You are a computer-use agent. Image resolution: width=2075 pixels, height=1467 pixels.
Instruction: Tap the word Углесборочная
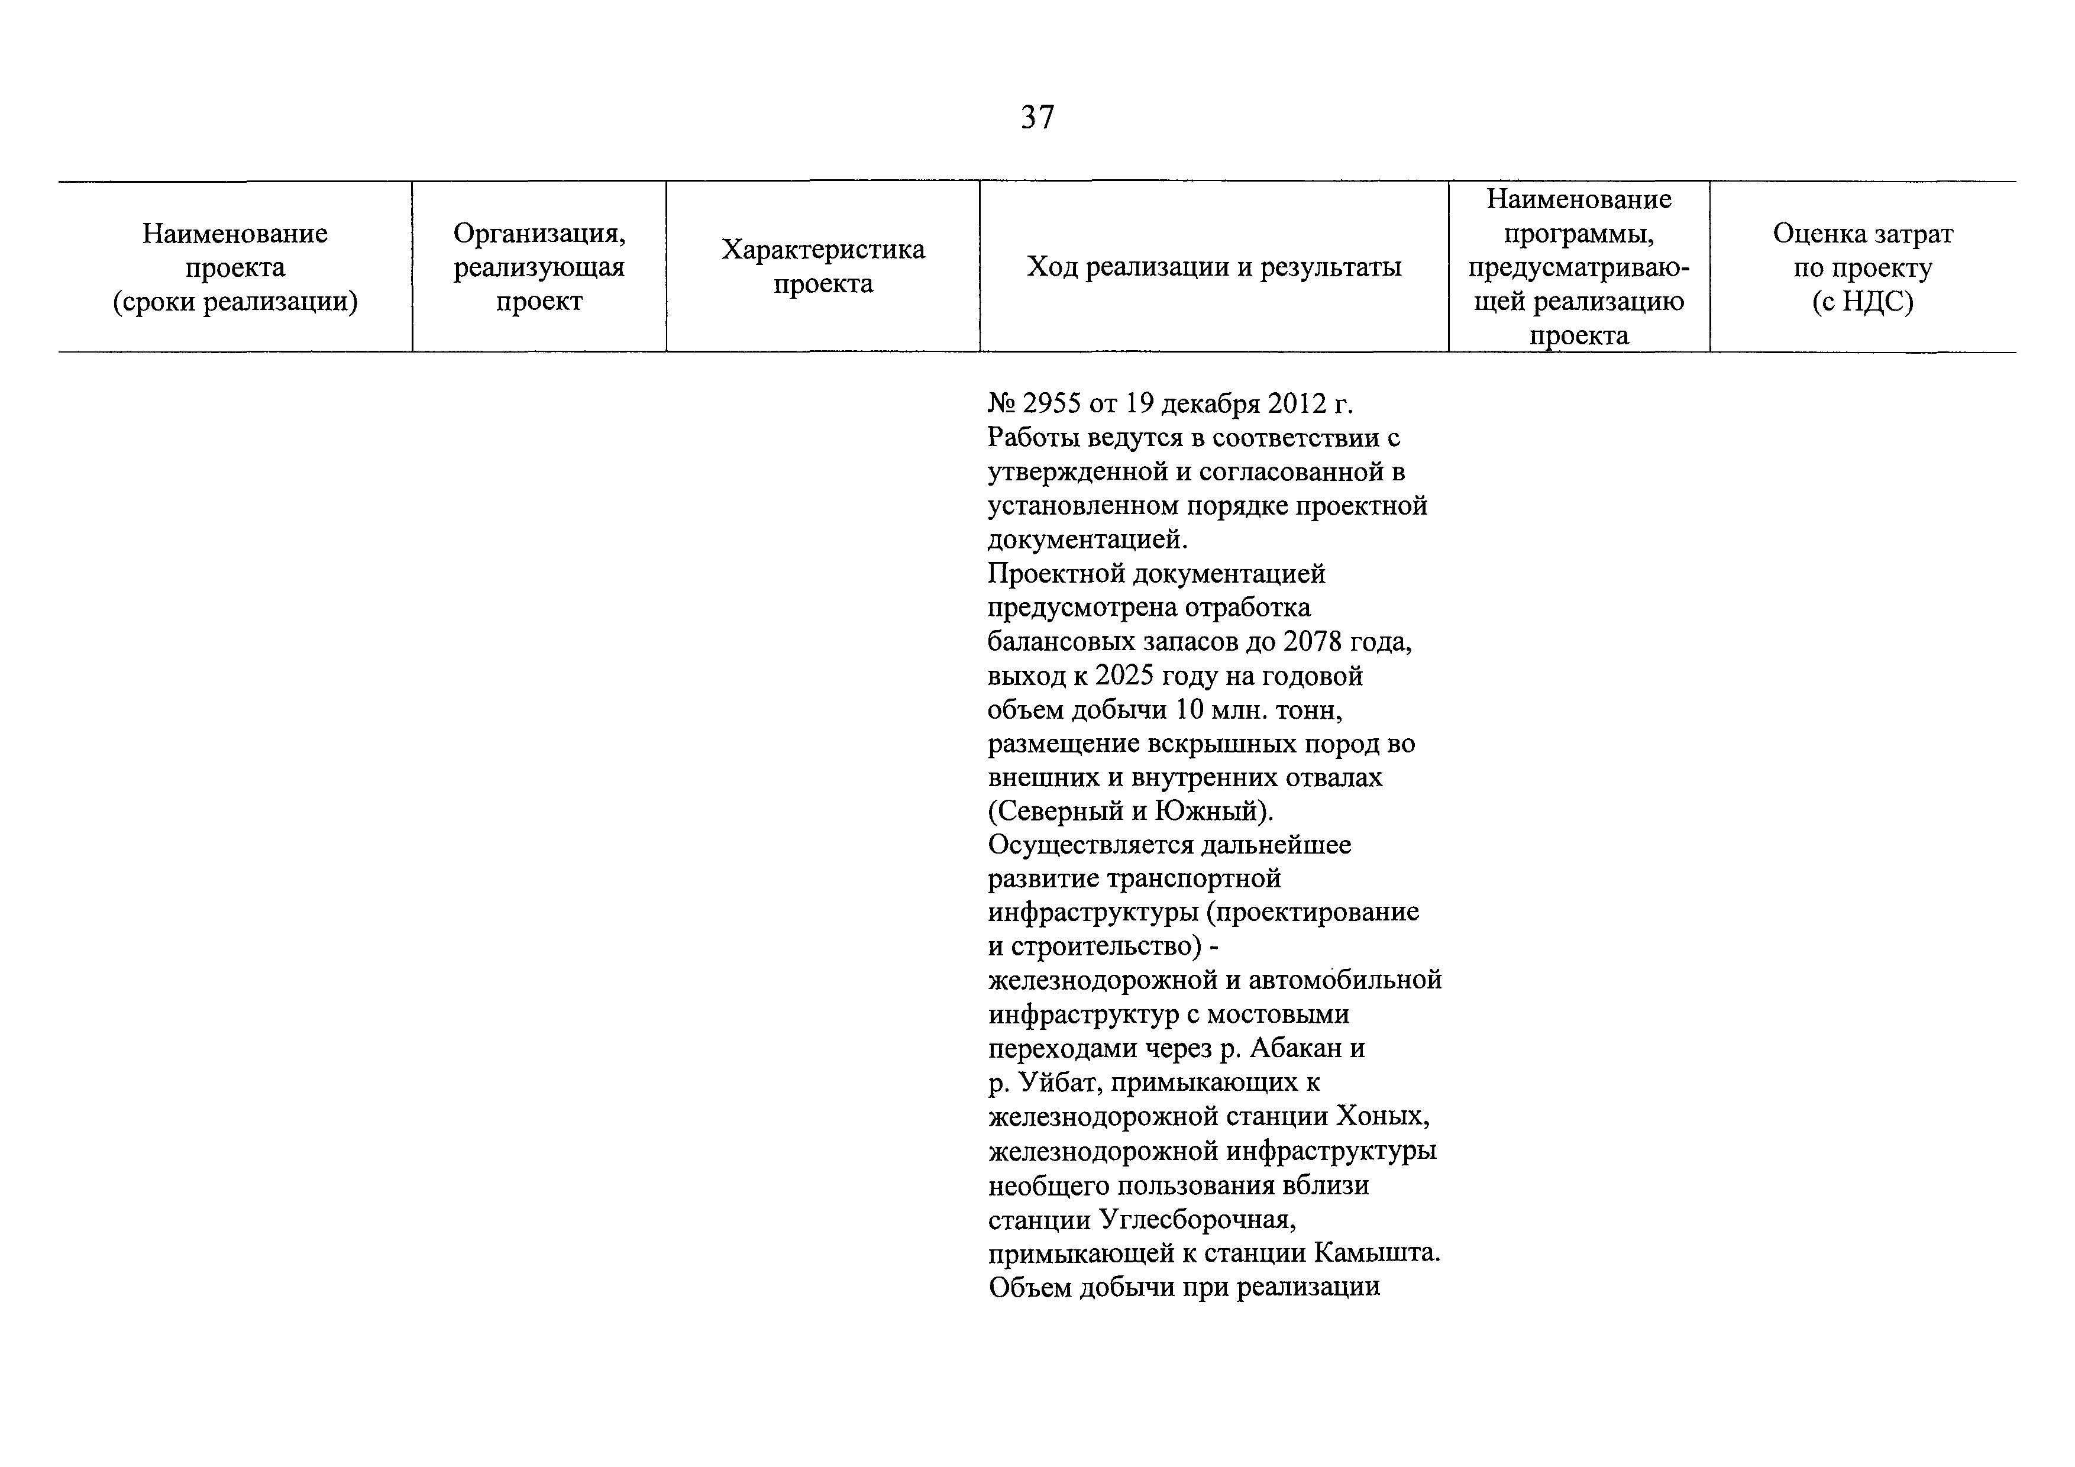[x=1197, y=1219]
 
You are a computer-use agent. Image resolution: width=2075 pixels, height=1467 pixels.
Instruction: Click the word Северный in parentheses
[x=1054, y=812]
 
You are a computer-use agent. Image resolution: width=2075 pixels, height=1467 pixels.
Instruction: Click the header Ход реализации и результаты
[x=1214, y=267]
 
